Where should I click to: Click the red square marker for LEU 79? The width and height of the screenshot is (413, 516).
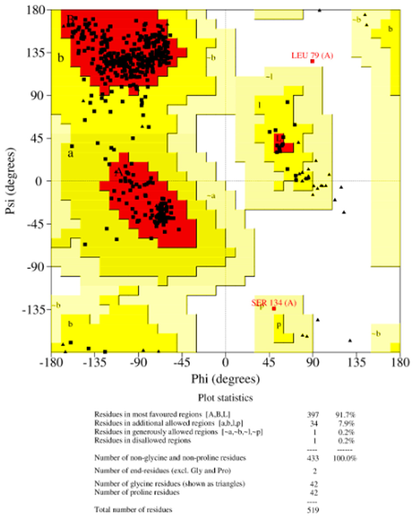tap(312, 61)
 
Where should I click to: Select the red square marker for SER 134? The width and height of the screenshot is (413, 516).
tap(273, 308)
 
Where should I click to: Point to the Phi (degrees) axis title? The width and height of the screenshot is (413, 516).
tap(225, 379)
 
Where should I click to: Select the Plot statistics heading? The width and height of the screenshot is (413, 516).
tap(225, 398)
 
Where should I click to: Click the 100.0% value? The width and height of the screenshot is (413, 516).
tap(346, 458)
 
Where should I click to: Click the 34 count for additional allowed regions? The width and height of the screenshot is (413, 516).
tap(313, 423)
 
